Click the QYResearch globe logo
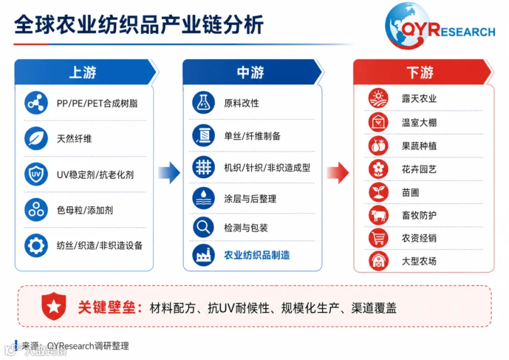(x=407, y=26)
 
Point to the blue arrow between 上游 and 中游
(x=169, y=173)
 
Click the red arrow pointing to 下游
(x=338, y=173)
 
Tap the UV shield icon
(x=36, y=174)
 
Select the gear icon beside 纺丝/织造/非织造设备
(x=36, y=245)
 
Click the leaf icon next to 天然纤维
(x=36, y=138)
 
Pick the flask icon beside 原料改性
(x=204, y=103)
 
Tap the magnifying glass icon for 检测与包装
(x=204, y=227)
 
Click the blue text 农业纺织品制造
(x=257, y=255)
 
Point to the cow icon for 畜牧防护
(x=378, y=215)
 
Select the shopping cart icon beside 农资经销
(x=378, y=238)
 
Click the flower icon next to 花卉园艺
(x=378, y=169)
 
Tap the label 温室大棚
(x=419, y=123)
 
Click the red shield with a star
(x=54, y=306)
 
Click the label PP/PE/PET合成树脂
(x=97, y=103)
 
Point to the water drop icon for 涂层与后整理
(x=204, y=198)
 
